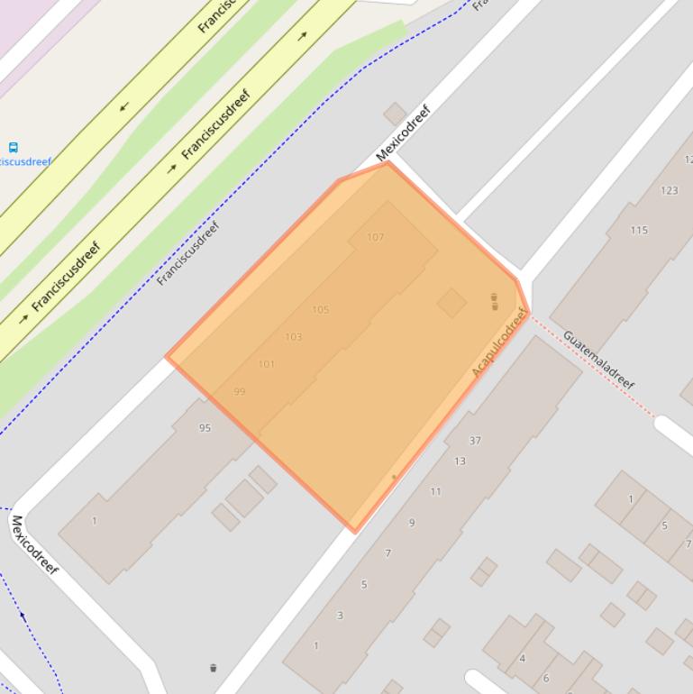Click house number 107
tap(376, 237)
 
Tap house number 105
tap(320, 310)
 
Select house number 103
tap(293, 337)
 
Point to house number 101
tap(266, 364)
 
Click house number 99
tap(239, 392)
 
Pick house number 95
tap(205, 428)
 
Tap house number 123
tap(669, 190)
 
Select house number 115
tap(639, 230)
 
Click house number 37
tap(475, 441)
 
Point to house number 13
tap(460, 461)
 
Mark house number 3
tap(340, 616)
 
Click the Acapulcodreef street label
tap(498, 342)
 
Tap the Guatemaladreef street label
tap(598, 360)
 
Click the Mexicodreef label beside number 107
tap(404, 132)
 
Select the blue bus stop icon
tap(13, 146)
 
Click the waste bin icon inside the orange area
tap(494, 301)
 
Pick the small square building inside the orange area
tap(451, 303)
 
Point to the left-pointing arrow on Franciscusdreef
tap(124, 106)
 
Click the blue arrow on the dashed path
tap(23, 616)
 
